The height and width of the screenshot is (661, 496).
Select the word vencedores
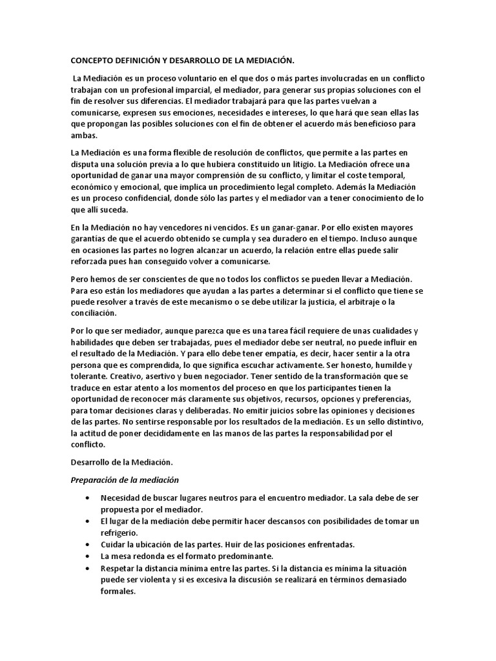(171, 227)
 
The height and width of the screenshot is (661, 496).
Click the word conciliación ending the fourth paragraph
(94, 313)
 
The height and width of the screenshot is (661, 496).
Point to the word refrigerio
(119, 533)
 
